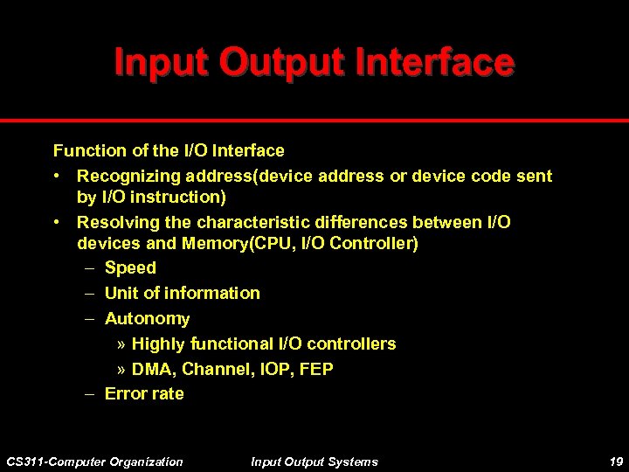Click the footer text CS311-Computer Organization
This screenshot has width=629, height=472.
(x=94, y=462)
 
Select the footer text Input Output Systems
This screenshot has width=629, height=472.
(x=314, y=462)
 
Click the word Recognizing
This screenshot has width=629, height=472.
(x=124, y=177)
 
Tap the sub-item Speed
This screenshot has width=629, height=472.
(x=130, y=268)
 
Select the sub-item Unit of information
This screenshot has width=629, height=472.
(x=182, y=293)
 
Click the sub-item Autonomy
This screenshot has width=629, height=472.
(x=147, y=319)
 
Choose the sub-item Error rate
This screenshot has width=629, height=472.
(x=144, y=393)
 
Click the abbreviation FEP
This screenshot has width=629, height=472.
(x=315, y=369)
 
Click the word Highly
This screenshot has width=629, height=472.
(x=158, y=344)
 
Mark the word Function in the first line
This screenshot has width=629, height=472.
(x=86, y=151)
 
